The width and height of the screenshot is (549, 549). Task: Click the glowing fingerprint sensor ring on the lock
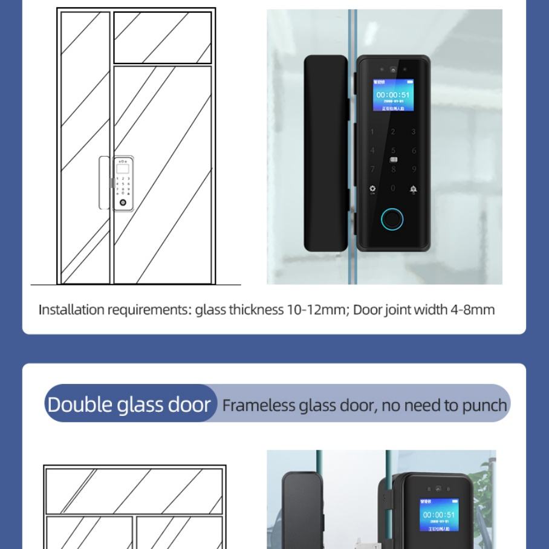pyautogui.click(x=392, y=219)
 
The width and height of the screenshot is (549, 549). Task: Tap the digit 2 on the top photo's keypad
pyautogui.click(x=393, y=132)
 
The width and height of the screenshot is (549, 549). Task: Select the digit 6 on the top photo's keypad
pyautogui.click(x=414, y=151)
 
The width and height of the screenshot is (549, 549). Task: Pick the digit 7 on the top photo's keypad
pyautogui.click(x=372, y=169)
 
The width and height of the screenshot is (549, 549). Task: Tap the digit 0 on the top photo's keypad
pyautogui.click(x=393, y=189)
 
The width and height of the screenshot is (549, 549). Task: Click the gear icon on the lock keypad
pyautogui.click(x=372, y=189)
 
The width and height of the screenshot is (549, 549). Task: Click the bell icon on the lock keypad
pyautogui.click(x=414, y=189)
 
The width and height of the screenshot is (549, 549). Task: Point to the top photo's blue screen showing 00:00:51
pyautogui.click(x=393, y=95)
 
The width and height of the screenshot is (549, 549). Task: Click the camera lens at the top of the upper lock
pyautogui.click(x=393, y=70)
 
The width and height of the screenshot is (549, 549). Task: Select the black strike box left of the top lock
pyautogui.click(x=325, y=153)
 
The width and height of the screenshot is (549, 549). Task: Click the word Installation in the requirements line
pyautogui.click(x=71, y=310)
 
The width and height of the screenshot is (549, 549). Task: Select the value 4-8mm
pyautogui.click(x=472, y=310)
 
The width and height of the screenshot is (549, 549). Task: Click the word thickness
pyautogui.click(x=256, y=310)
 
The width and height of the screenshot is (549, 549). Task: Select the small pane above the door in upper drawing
pyautogui.click(x=163, y=37)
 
